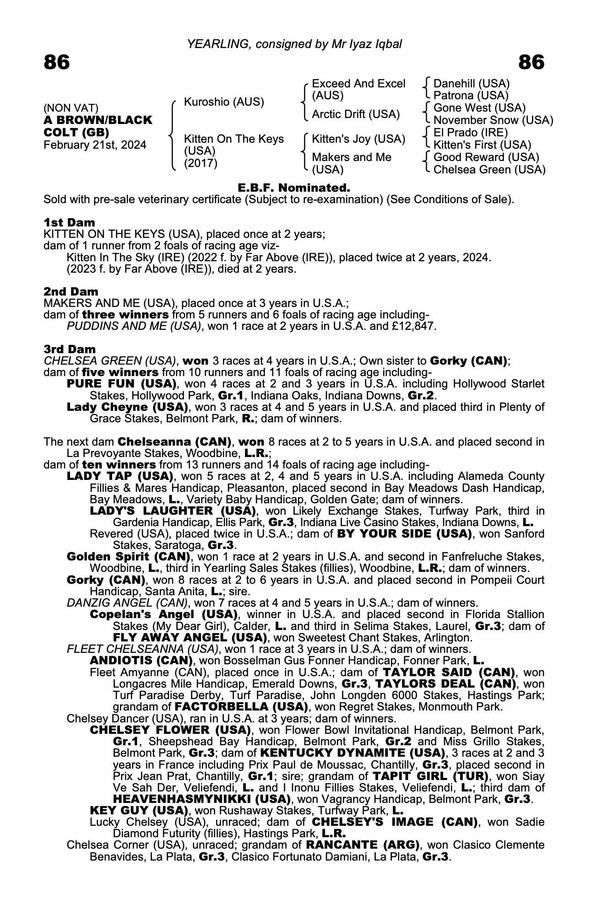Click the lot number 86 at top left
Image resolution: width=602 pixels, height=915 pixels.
click(x=57, y=62)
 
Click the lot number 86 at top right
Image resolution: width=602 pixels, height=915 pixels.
click(x=531, y=62)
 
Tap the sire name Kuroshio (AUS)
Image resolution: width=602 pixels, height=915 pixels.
click(x=224, y=102)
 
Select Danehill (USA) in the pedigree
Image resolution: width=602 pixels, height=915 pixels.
click(x=471, y=84)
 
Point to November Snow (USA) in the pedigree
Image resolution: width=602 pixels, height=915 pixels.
click(x=493, y=120)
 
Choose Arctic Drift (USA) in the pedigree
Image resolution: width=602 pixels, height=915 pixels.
click(x=356, y=114)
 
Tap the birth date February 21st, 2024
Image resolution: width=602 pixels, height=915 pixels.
click(x=95, y=145)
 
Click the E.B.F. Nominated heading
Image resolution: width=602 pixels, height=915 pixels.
click(x=294, y=188)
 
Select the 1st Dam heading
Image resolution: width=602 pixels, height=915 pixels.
click(x=69, y=222)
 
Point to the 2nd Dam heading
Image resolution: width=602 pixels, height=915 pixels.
click(x=71, y=291)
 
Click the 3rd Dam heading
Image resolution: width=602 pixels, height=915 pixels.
click(x=70, y=350)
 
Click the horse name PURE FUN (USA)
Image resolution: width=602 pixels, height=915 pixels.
click(x=122, y=384)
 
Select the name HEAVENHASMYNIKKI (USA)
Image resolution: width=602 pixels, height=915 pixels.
click(x=201, y=799)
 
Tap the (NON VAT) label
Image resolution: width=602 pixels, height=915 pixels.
click(x=71, y=108)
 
